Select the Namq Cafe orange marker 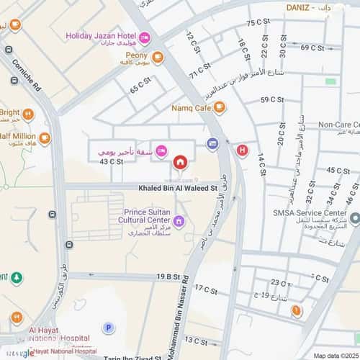tap(219, 108)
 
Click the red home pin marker tap(180, 161)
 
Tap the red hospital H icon tap(242, 150)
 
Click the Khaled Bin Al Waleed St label tap(178, 189)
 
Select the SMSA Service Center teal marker tap(354, 215)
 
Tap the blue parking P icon tap(109, 328)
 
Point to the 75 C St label tap(258, 23)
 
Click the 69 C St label tap(311, 48)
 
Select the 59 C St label tap(274, 99)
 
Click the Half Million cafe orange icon tap(45, 138)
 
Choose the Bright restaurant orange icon tap(28, 114)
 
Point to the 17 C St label tap(205, 289)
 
